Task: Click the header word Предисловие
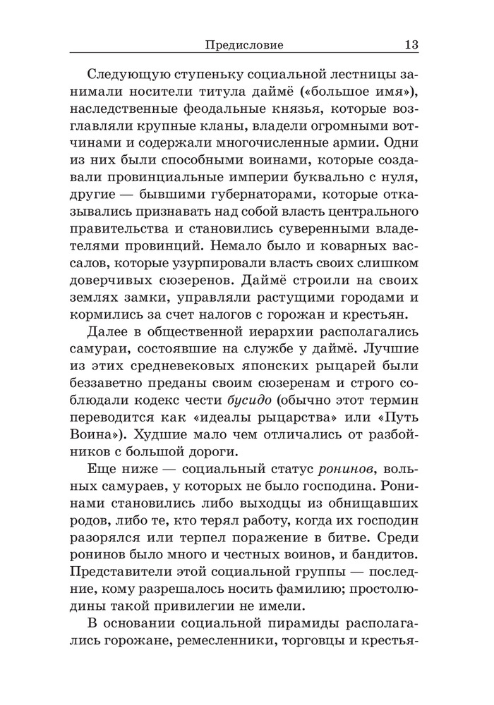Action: (x=243, y=45)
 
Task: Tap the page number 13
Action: (x=412, y=45)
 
